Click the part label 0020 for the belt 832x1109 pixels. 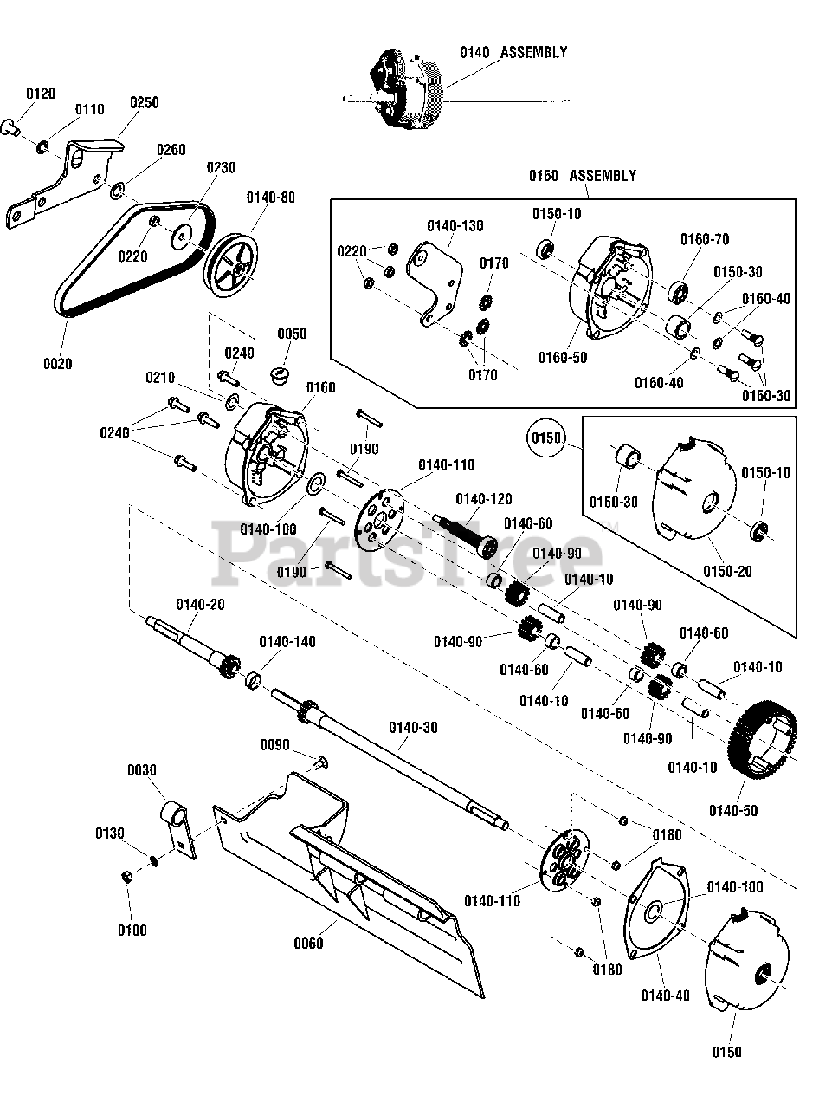click(58, 364)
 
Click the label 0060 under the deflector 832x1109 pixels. click(309, 942)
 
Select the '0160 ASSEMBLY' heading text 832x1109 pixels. click(582, 176)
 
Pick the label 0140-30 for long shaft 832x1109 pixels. click(413, 728)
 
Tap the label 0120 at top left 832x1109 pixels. click(41, 93)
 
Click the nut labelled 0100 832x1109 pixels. click(127, 877)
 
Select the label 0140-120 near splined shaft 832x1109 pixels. click(483, 499)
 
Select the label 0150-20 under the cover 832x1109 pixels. click(725, 572)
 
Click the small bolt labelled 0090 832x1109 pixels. click(319, 762)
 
